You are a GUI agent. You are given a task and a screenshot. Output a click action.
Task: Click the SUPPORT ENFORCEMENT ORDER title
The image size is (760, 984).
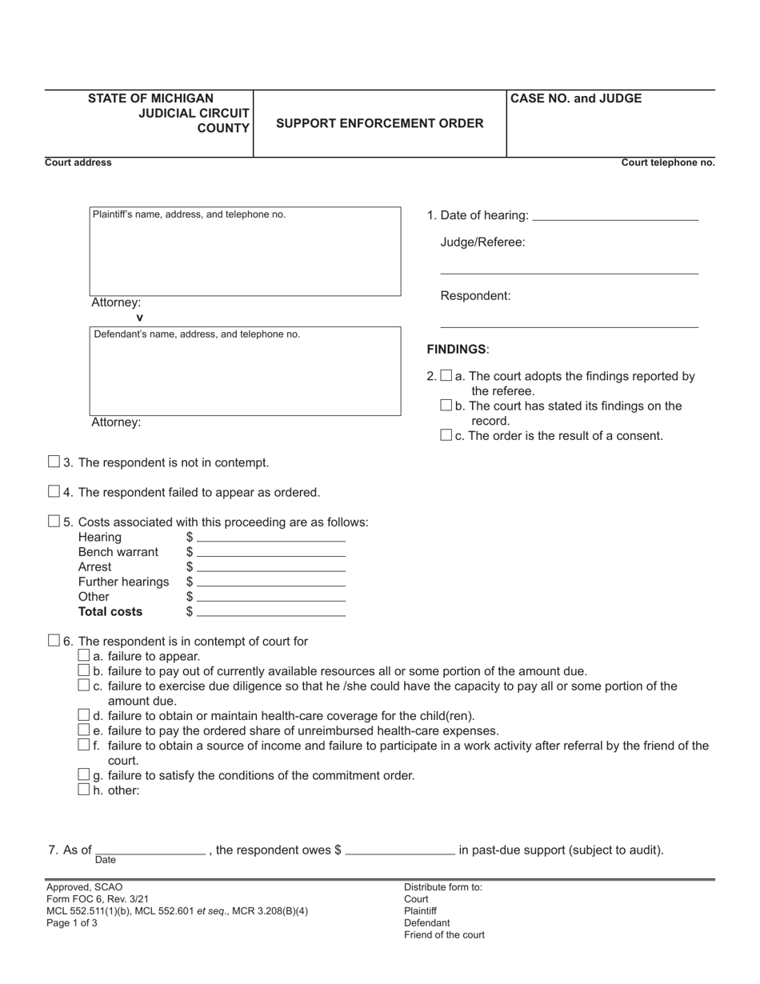(x=379, y=123)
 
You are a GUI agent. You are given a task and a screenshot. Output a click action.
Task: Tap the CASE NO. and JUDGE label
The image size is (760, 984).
(x=576, y=99)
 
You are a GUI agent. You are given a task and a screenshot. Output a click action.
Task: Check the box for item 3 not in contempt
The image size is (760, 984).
(x=54, y=462)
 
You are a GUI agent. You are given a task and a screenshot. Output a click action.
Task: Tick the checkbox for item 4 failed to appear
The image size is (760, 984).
(x=54, y=491)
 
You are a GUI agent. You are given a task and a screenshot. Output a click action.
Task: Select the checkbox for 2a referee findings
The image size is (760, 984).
(x=446, y=375)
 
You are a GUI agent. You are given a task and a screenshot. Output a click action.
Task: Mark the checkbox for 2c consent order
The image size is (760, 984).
(x=446, y=435)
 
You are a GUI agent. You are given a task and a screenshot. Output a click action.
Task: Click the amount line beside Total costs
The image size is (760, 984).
(x=270, y=613)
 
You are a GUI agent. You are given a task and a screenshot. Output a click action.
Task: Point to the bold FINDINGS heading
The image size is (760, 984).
(x=457, y=350)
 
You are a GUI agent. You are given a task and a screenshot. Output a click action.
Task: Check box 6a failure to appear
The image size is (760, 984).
(x=83, y=656)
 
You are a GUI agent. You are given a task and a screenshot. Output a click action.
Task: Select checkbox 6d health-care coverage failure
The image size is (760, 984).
(x=83, y=715)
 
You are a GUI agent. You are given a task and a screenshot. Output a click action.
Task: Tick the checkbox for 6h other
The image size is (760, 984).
(x=83, y=790)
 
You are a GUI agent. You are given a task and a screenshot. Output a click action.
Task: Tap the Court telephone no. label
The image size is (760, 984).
(x=668, y=162)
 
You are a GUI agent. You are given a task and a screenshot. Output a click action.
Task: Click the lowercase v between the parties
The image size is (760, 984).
(x=140, y=318)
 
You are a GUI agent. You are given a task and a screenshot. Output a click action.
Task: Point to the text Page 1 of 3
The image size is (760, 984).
(x=72, y=922)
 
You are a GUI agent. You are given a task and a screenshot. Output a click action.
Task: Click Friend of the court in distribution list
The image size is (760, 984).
(x=444, y=934)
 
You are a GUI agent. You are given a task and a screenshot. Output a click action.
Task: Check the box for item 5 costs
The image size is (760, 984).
(x=54, y=521)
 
